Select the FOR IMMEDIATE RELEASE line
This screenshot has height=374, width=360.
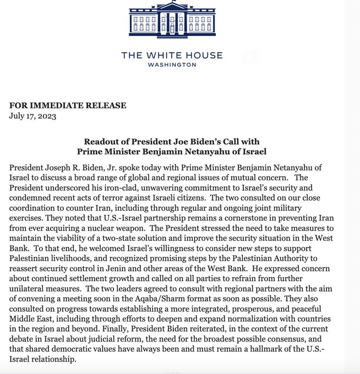(67, 105)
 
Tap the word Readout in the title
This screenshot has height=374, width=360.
(100, 141)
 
